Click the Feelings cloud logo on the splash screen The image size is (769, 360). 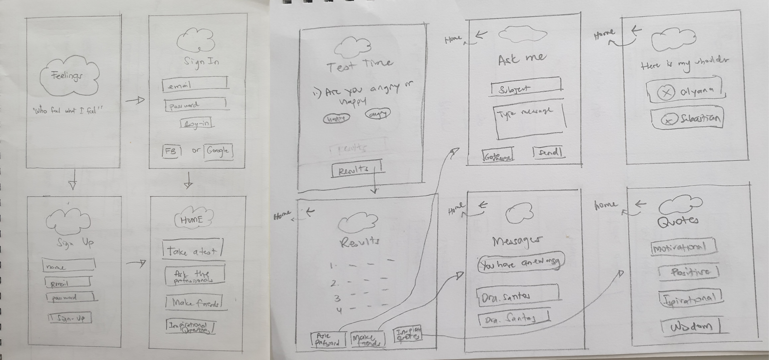[69, 76]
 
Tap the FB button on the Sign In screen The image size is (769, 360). [171, 151]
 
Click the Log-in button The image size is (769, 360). [197, 124]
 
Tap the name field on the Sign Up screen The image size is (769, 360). [69, 265]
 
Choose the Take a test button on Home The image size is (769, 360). [192, 249]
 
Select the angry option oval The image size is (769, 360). [378, 114]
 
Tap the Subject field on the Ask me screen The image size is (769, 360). [526, 87]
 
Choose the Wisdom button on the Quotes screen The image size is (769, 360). [691, 327]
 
